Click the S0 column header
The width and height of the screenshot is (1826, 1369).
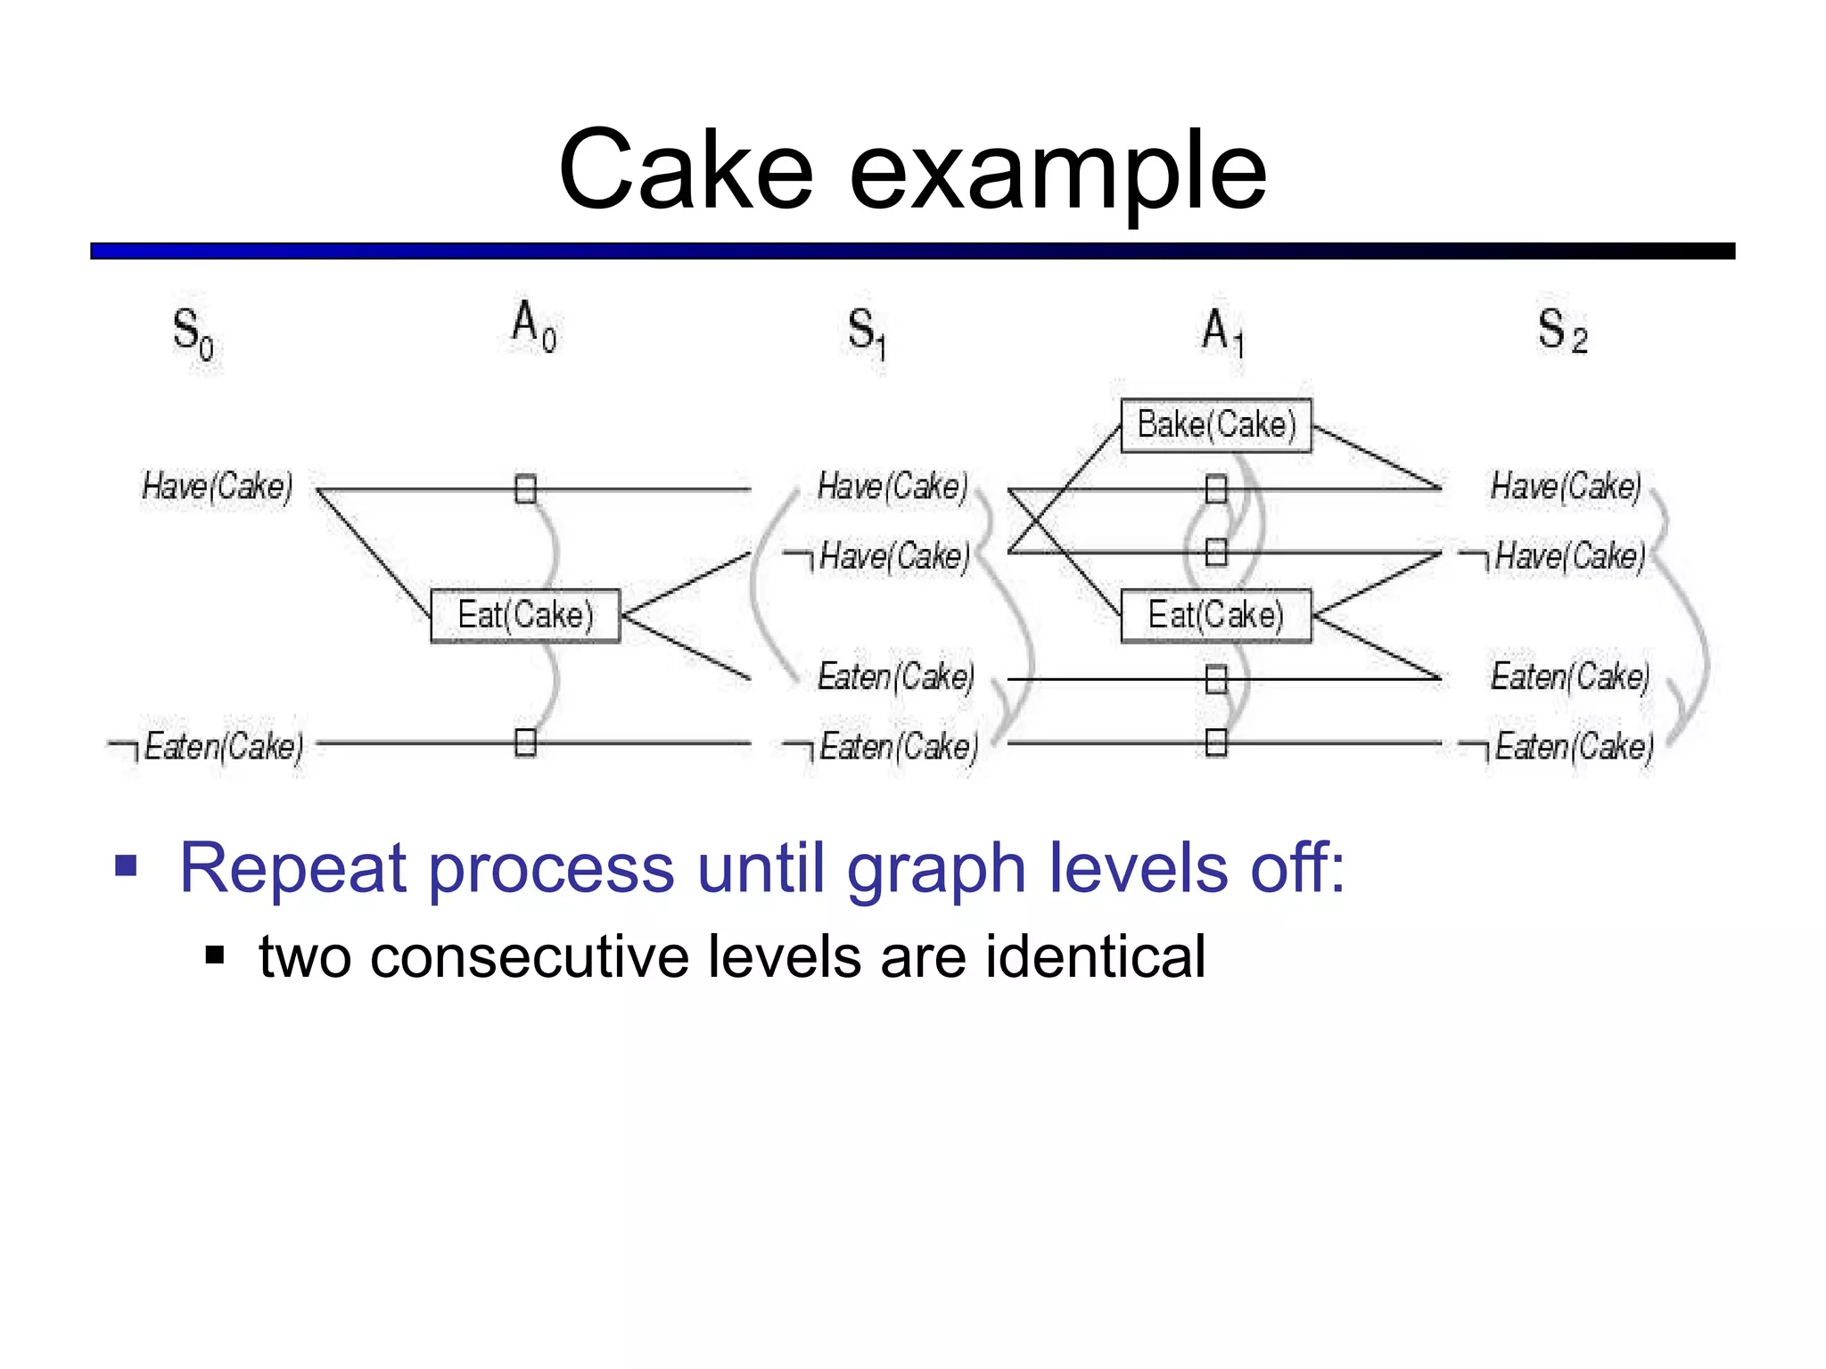(x=193, y=333)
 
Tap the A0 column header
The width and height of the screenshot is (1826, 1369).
(x=533, y=326)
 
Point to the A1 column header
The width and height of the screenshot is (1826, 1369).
(x=1222, y=332)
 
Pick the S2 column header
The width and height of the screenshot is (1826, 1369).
(x=1562, y=332)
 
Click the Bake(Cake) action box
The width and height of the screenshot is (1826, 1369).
(x=1216, y=425)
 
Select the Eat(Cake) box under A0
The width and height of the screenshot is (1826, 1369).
(x=525, y=615)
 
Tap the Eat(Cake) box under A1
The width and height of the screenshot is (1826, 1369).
(x=1216, y=615)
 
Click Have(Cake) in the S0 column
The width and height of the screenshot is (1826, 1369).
(x=218, y=487)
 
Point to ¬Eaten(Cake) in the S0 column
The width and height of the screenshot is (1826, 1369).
(x=207, y=747)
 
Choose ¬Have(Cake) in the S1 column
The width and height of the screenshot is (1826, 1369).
(x=877, y=557)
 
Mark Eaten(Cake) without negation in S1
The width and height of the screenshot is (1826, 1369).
(x=895, y=677)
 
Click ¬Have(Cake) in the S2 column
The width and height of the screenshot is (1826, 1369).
(x=1553, y=557)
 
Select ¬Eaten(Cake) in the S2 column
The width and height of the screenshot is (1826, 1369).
(x=1557, y=747)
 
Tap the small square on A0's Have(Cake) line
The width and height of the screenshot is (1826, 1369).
(x=525, y=489)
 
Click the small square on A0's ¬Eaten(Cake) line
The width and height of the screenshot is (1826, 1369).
(x=525, y=742)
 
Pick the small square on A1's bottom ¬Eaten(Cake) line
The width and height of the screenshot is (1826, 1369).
(x=1216, y=742)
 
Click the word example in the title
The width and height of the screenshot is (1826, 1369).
(x=1057, y=171)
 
